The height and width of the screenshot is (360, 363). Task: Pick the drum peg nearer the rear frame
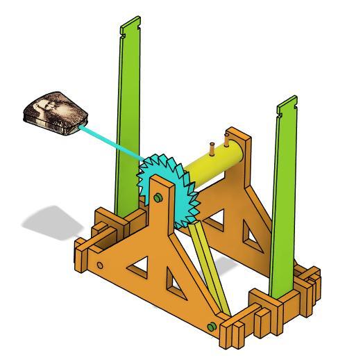[x=227, y=141]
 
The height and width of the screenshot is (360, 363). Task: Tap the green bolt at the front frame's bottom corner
[x=210, y=327]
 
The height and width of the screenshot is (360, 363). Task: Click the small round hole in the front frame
[x=100, y=265]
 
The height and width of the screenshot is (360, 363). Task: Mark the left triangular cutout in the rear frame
[x=215, y=219]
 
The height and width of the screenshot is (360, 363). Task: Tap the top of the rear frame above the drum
[x=239, y=136]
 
